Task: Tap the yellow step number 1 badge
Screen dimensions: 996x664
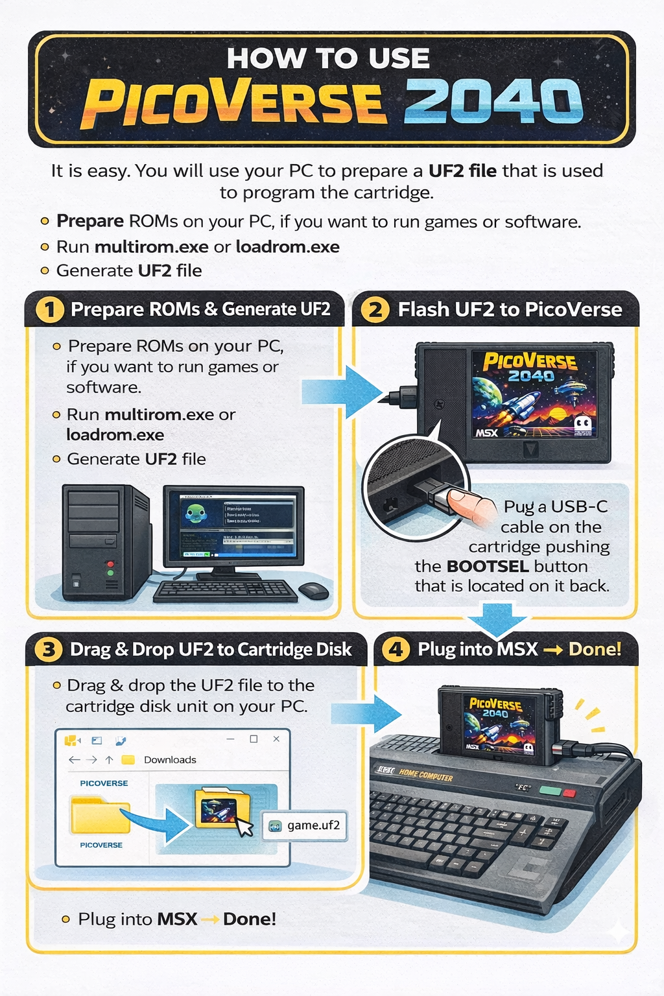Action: pyautogui.click(x=49, y=309)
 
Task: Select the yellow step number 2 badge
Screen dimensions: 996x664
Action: pyautogui.click(x=375, y=309)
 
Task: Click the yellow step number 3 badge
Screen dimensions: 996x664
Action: pyautogui.click(x=48, y=649)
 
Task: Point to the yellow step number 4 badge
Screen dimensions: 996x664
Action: pyautogui.click(x=396, y=649)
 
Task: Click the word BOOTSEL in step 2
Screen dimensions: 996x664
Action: pyautogui.click(x=488, y=566)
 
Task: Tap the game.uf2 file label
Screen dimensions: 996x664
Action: pyautogui.click(x=313, y=825)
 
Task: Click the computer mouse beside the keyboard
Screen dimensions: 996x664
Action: pyautogui.click(x=314, y=590)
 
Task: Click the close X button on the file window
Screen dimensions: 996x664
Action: pyautogui.click(x=276, y=739)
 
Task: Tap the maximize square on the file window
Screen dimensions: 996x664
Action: pyautogui.click(x=254, y=739)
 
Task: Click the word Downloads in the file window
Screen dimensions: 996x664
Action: pyautogui.click(x=170, y=759)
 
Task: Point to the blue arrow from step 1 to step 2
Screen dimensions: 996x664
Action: pyautogui.click(x=342, y=391)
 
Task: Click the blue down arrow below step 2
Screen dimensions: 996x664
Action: pyautogui.click(x=498, y=619)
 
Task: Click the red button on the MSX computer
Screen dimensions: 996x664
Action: pyautogui.click(x=569, y=793)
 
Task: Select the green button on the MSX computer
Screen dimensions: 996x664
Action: pyautogui.click(x=550, y=791)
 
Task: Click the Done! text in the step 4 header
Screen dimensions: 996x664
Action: pyautogui.click(x=595, y=649)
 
